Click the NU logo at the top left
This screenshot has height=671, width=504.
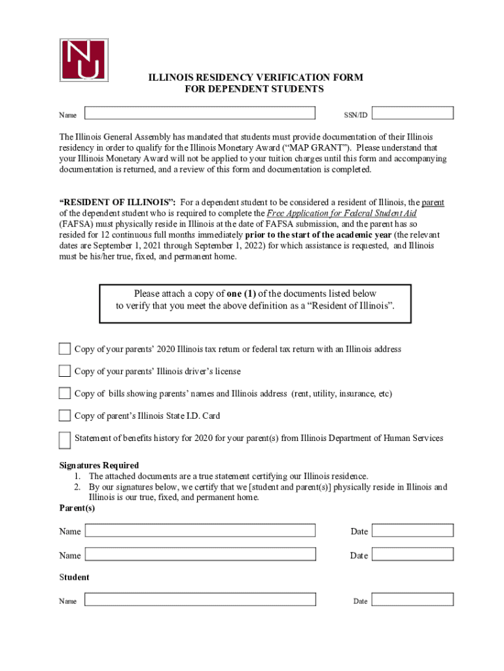coord(84,60)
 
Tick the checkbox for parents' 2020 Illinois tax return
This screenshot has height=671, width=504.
coord(65,349)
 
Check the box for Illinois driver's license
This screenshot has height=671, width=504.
coord(65,371)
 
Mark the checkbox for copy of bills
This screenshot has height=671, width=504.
coord(65,393)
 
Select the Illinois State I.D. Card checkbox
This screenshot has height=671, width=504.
coord(65,415)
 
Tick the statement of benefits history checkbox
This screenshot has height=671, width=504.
coord(65,440)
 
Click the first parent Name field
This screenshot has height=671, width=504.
coord(200,531)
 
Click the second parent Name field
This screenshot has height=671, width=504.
coord(200,555)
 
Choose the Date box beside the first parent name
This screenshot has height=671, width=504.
coord(413,531)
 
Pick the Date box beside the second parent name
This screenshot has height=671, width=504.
coord(413,555)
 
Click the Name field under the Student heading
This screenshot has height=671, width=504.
coord(200,600)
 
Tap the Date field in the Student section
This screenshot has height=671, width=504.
coord(413,600)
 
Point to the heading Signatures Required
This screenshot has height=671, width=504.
coord(99,466)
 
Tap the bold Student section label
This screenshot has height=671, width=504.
coord(74,577)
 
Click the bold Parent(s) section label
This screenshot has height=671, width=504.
coord(77,508)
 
